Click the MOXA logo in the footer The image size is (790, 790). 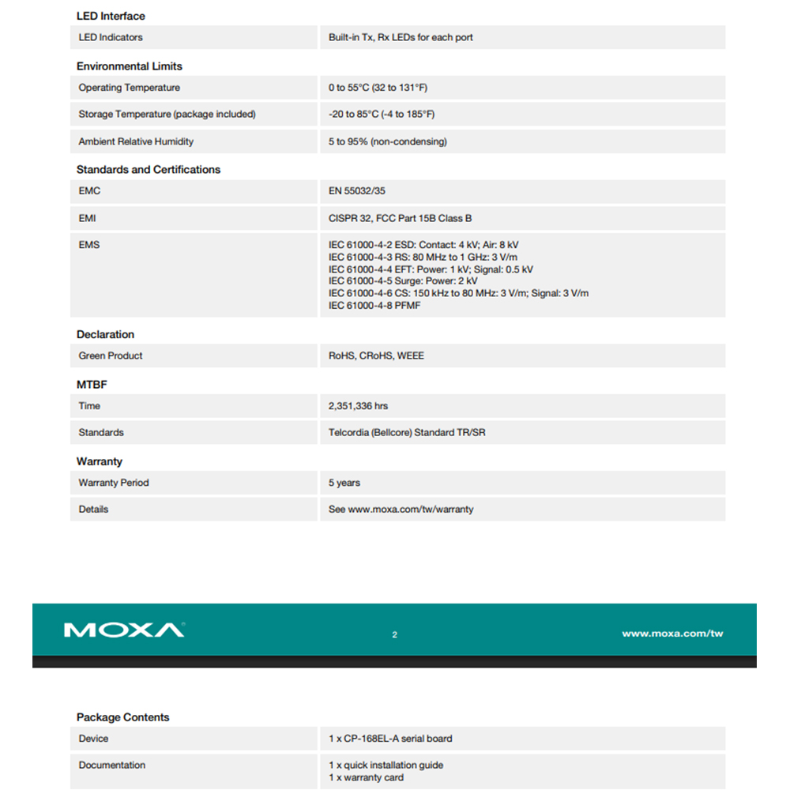pyautogui.click(x=124, y=630)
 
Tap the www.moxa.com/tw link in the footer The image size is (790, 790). pyautogui.click(x=671, y=634)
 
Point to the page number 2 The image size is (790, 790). pyautogui.click(x=395, y=634)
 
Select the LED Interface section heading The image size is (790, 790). pyautogui.click(x=111, y=16)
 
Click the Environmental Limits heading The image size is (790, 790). pyautogui.click(x=130, y=66)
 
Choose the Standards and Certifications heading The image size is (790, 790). pyautogui.click(x=149, y=170)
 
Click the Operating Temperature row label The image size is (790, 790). pyautogui.click(x=130, y=88)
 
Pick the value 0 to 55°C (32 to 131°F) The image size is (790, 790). pyautogui.click(x=378, y=88)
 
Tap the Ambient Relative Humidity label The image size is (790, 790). pyautogui.click(x=136, y=141)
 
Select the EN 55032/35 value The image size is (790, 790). pyautogui.click(x=357, y=191)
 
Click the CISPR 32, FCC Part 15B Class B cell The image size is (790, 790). pyautogui.click(x=401, y=218)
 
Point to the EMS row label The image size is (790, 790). pyautogui.click(x=89, y=245)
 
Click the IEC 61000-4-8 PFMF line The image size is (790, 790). pyautogui.click(x=374, y=306)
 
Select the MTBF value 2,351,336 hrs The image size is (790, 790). pyautogui.click(x=358, y=406)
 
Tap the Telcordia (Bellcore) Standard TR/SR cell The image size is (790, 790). pyautogui.click(x=407, y=433)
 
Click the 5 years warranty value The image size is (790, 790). pyautogui.click(x=344, y=483)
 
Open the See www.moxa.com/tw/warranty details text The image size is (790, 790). pyautogui.click(x=401, y=510)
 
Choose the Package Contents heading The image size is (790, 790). pyautogui.click(x=123, y=717)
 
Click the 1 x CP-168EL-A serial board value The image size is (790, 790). pyautogui.click(x=390, y=739)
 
